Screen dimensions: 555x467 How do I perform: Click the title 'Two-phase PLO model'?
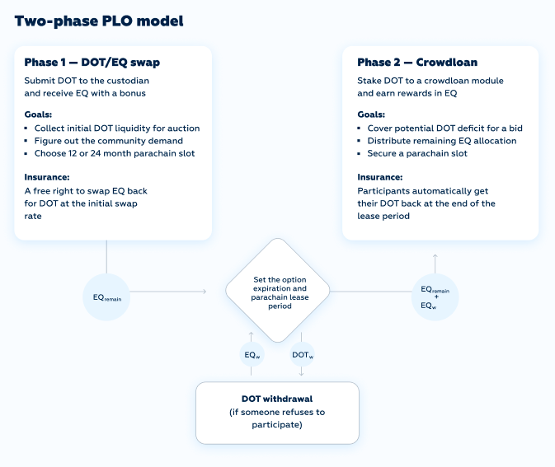tap(99, 21)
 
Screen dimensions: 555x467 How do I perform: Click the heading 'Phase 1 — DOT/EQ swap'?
tap(92, 63)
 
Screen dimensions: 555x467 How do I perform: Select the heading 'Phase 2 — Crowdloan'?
tap(417, 63)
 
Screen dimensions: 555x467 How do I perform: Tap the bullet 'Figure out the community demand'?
tap(109, 141)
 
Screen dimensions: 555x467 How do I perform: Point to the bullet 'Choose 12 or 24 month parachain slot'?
tap(115, 153)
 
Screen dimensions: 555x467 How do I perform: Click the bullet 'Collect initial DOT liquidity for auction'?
tap(117, 128)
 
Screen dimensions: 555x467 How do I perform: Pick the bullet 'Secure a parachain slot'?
tap(417, 153)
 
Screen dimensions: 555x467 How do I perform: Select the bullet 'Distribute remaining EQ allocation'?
tap(442, 141)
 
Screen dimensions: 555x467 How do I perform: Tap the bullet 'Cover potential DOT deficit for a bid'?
tap(445, 128)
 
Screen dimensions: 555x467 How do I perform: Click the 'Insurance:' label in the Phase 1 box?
tap(47, 177)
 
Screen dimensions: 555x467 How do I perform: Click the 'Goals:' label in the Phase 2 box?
tap(371, 114)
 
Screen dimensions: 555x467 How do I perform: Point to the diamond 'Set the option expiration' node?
tap(278, 291)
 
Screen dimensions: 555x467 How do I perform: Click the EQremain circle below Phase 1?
tap(106, 297)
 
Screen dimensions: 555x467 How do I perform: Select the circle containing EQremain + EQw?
tap(435, 297)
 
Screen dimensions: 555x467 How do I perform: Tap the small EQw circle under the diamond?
tap(252, 354)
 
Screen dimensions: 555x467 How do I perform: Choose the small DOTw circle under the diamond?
tap(303, 354)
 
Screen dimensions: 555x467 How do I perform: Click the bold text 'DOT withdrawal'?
tap(277, 399)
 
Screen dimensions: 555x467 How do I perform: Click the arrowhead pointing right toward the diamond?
tap(205, 292)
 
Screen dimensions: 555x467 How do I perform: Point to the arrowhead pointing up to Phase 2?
tap(435, 255)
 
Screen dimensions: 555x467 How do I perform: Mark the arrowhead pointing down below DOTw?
tap(301, 373)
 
